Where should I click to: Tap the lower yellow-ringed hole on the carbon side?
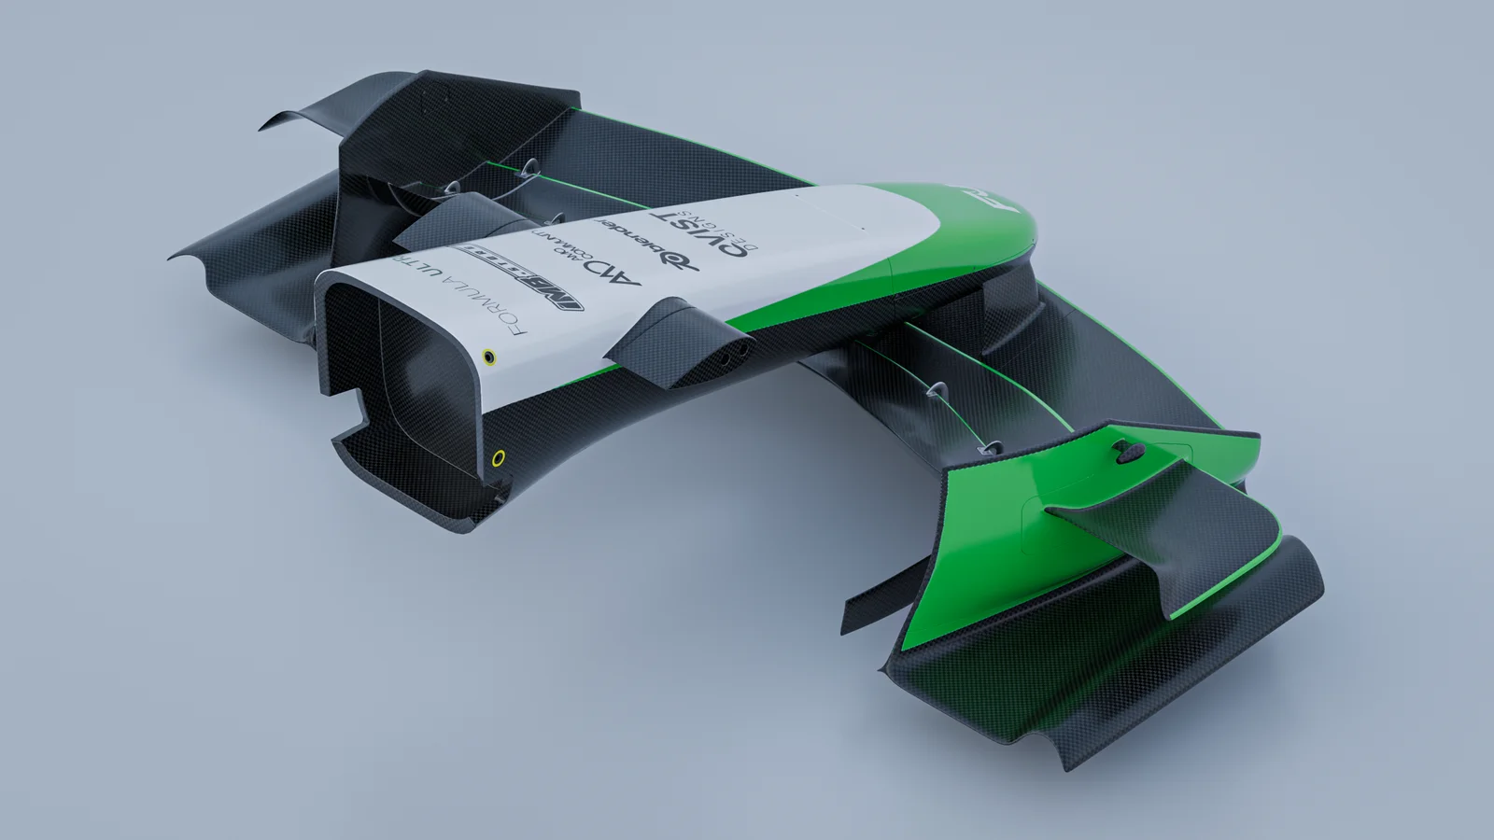tap(499, 457)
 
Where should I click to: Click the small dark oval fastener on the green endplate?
tap(1125, 453)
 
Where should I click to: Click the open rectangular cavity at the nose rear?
tap(392, 373)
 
